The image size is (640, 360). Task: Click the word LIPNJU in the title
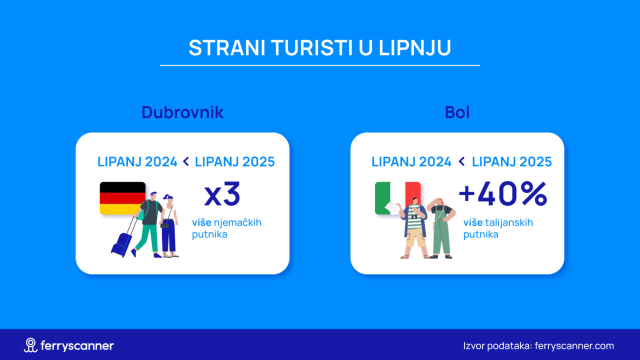coord(415,47)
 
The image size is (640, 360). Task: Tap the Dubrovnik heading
coord(182,112)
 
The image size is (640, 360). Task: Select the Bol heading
coord(457,112)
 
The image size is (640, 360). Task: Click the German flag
coord(122,197)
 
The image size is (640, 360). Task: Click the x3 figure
coord(222,194)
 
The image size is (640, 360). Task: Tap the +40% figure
coord(503,194)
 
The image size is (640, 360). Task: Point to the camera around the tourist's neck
coord(414,217)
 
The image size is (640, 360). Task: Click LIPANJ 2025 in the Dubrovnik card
coord(234,161)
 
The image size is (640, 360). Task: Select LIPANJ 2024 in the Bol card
coord(411,161)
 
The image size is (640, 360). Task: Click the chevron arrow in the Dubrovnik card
coord(185,161)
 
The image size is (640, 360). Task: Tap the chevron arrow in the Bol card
coord(461,161)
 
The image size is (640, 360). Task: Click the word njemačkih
coord(237,222)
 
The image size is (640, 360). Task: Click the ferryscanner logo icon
coord(30,345)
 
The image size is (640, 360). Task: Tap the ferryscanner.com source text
coord(574,345)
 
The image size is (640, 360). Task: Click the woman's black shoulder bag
coord(164,225)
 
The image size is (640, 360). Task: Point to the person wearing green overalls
coord(440,228)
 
